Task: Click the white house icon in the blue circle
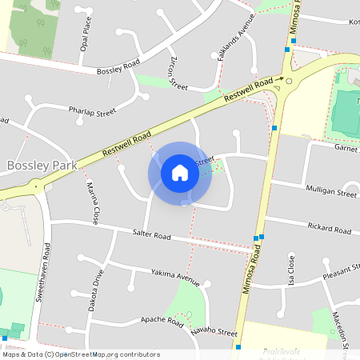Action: [x=180, y=172]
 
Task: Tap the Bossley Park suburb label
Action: [x=41, y=166]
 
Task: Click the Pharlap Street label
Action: [x=92, y=110]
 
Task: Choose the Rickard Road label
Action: [x=329, y=230]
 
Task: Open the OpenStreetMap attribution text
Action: [x=81, y=354]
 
